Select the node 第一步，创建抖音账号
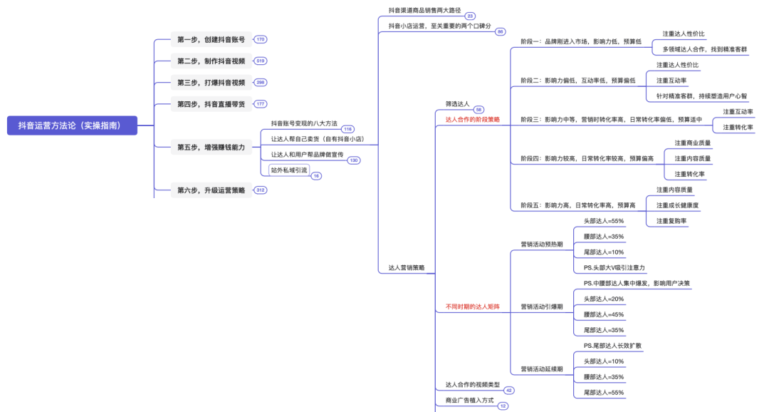tap(211, 39)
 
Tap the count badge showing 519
tap(261, 61)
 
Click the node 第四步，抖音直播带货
tap(211, 104)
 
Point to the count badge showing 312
tap(261, 190)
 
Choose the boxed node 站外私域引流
tap(289, 170)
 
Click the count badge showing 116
tap(347, 129)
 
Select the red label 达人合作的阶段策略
tap(473, 120)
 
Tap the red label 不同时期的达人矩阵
tap(473, 307)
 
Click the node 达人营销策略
tap(407, 268)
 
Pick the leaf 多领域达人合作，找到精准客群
tap(705, 50)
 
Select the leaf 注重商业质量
tap(693, 143)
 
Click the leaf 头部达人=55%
tap(604, 221)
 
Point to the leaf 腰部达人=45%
tap(604, 314)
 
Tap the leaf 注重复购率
tap(671, 221)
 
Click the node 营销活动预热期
tap(542, 244)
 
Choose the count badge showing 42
tap(508, 391)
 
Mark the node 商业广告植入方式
tap(469, 401)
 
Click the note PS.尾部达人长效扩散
tap(612, 346)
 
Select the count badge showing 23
tap(469, 16)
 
